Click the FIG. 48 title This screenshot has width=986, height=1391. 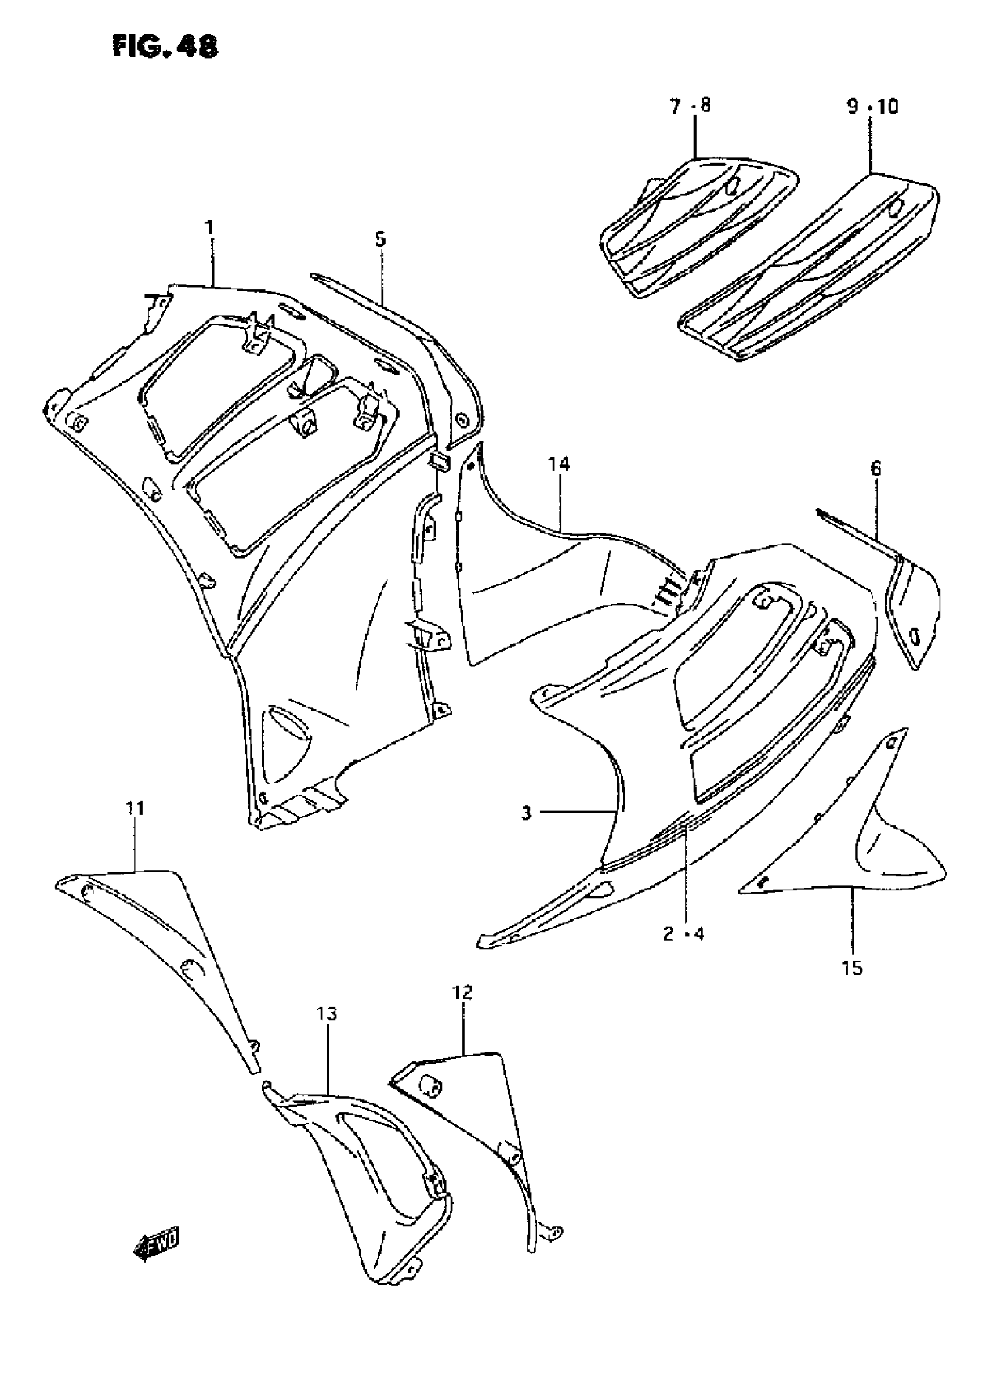pyautogui.click(x=165, y=46)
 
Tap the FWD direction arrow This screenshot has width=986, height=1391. pyautogui.click(x=155, y=1247)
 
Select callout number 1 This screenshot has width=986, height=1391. pyautogui.click(x=209, y=229)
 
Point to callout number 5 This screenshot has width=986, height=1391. pyautogui.click(x=380, y=239)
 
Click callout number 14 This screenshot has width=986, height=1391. pyautogui.click(x=559, y=465)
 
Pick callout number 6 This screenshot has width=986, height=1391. pyautogui.click(x=875, y=468)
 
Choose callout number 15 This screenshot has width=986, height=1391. pyautogui.click(x=853, y=967)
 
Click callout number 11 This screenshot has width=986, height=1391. pyautogui.click(x=135, y=808)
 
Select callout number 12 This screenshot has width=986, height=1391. pyautogui.click(x=462, y=992)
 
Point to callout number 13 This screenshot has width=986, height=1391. pyautogui.click(x=327, y=1013)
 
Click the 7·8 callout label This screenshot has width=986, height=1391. pyautogui.click(x=690, y=106)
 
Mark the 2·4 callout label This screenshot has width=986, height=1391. pyautogui.click(x=684, y=933)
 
